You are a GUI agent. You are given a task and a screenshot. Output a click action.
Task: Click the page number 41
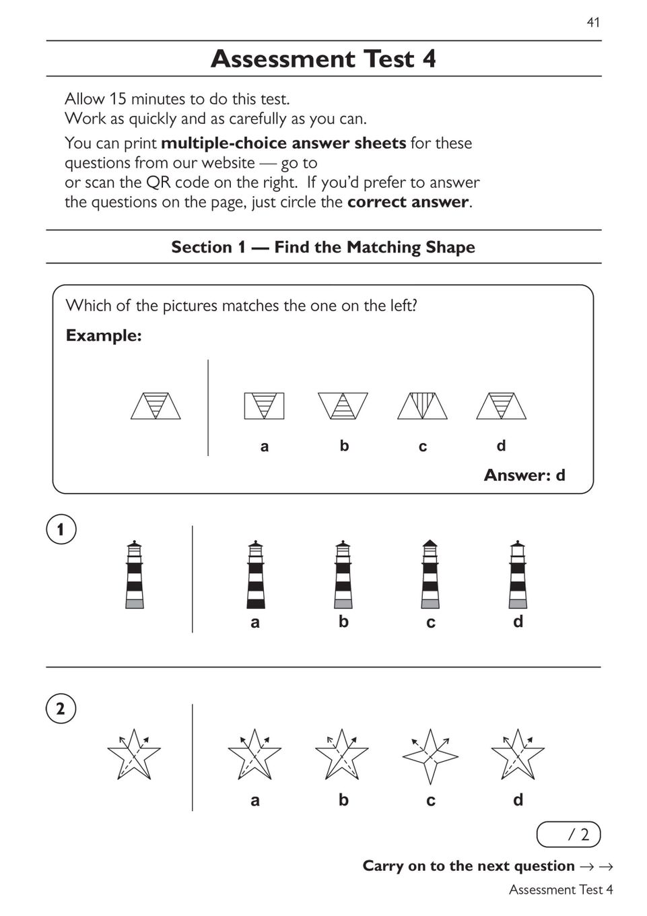(592, 22)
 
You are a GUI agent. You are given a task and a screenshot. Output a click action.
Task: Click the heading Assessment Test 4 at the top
(323, 59)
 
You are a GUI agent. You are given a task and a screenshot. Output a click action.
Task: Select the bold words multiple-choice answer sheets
(283, 143)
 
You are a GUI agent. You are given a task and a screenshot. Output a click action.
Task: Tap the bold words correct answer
(407, 202)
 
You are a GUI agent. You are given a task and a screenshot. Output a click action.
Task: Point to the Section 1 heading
(323, 247)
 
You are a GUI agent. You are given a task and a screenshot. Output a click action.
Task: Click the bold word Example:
(104, 335)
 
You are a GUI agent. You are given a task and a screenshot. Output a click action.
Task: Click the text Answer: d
(524, 476)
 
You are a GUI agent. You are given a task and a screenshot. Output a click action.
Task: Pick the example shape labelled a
(264, 406)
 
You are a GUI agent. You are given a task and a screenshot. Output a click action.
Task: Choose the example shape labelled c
(422, 406)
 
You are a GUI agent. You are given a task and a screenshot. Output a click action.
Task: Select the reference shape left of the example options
(156, 406)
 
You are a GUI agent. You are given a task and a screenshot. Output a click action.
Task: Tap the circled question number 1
(61, 529)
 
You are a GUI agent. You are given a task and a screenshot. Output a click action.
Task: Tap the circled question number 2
(61, 709)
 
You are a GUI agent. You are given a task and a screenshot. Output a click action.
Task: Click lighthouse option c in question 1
(430, 575)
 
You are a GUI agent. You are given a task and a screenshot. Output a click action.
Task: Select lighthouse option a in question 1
(255, 575)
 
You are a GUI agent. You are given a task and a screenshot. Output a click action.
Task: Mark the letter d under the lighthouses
(518, 622)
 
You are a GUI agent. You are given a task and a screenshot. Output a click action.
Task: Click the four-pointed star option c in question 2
(430, 756)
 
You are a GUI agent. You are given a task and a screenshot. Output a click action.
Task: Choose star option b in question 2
(342, 754)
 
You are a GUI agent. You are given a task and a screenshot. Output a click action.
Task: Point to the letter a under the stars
(255, 800)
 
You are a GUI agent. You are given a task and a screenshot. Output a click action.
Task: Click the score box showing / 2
(568, 835)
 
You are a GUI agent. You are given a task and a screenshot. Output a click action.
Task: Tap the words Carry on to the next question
(469, 866)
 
